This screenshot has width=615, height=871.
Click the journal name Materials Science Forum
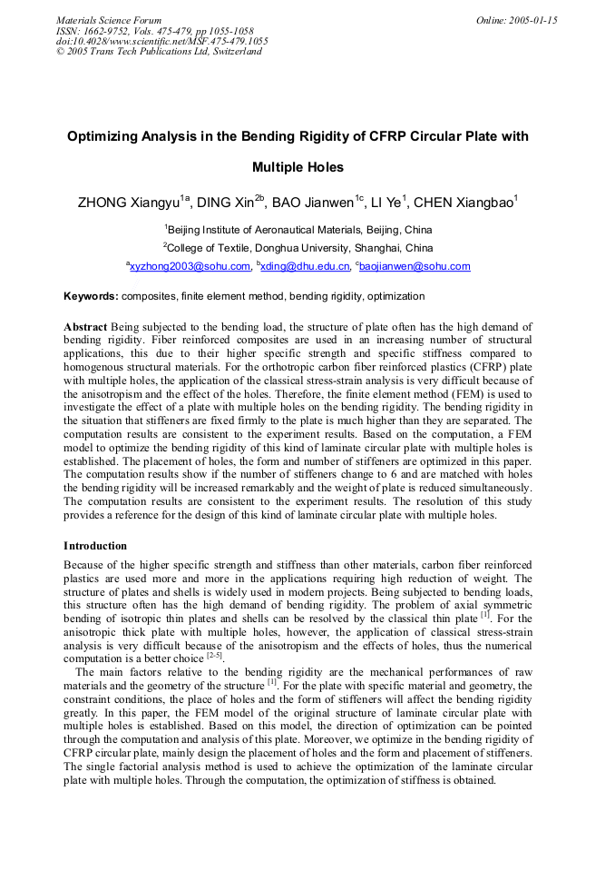pyautogui.click(x=109, y=20)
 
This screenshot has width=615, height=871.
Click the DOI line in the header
pyautogui.click(x=161, y=41)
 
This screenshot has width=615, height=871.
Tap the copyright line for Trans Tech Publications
pyautogui.click(x=159, y=52)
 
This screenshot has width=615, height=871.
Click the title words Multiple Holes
pyautogui.click(x=298, y=167)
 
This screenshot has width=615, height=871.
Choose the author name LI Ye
pyautogui.click(x=390, y=203)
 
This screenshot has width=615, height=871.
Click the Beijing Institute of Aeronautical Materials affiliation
pyautogui.click(x=299, y=230)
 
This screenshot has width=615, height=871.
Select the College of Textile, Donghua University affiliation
pyautogui.click(x=298, y=248)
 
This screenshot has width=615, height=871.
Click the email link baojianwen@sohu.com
pyautogui.click(x=415, y=267)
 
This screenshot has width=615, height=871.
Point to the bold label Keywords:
pyautogui.click(x=91, y=296)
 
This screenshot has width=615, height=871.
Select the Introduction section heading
pyautogui.click(x=95, y=546)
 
